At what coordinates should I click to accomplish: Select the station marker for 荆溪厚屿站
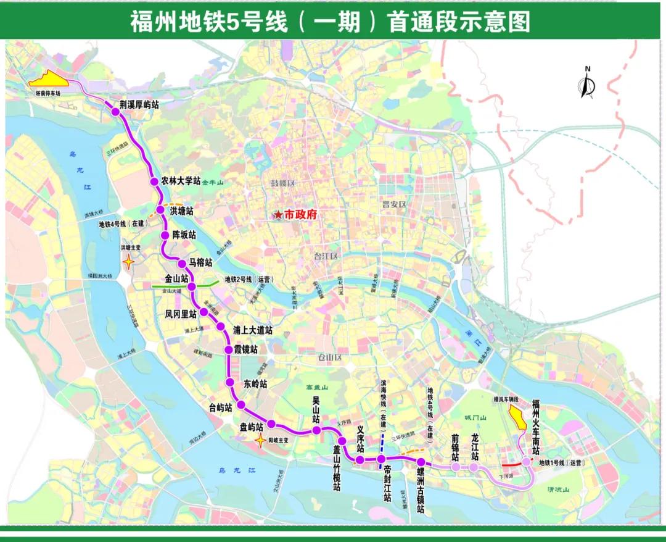coord(115,112)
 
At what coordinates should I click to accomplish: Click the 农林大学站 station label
coord(180,181)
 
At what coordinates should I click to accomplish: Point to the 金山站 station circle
coord(192,286)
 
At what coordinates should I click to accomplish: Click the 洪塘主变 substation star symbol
coord(128,262)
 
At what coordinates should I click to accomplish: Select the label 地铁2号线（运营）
coord(249,280)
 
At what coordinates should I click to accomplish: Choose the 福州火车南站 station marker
coord(526,462)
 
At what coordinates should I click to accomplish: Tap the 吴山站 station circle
coord(316,430)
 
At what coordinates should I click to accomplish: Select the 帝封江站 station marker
coord(382,460)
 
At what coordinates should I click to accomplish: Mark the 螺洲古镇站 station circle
coord(421,462)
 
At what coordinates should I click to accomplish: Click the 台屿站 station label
coord(220,408)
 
